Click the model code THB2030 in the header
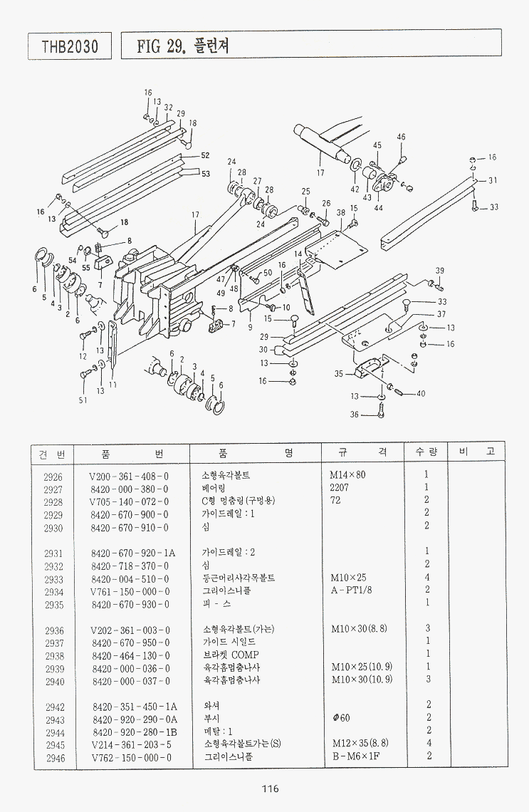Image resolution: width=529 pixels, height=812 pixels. (x=70, y=47)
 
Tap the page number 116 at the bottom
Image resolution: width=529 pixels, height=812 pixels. (x=269, y=788)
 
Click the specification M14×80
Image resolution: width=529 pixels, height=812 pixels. (x=347, y=475)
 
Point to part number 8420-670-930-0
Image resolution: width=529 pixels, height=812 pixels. (x=130, y=604)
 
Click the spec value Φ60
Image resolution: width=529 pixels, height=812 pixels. (x=340, y=718)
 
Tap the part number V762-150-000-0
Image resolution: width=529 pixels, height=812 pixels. (x=131, y=757)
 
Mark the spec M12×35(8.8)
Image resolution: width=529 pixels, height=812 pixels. (x=360, y=744)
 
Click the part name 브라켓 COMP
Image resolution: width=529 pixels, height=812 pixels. (x=231, y=655)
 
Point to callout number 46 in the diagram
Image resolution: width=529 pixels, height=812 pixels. (x=401, y=137)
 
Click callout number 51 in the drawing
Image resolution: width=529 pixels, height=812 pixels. (x=83, y=400)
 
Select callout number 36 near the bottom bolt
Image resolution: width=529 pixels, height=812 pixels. (x=355, y=414)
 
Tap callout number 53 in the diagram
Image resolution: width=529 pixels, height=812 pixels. (x=205, y=173)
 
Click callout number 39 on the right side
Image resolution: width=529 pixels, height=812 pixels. (x=440, y=271)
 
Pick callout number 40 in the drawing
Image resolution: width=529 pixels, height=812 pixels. (x=421, y=393)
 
